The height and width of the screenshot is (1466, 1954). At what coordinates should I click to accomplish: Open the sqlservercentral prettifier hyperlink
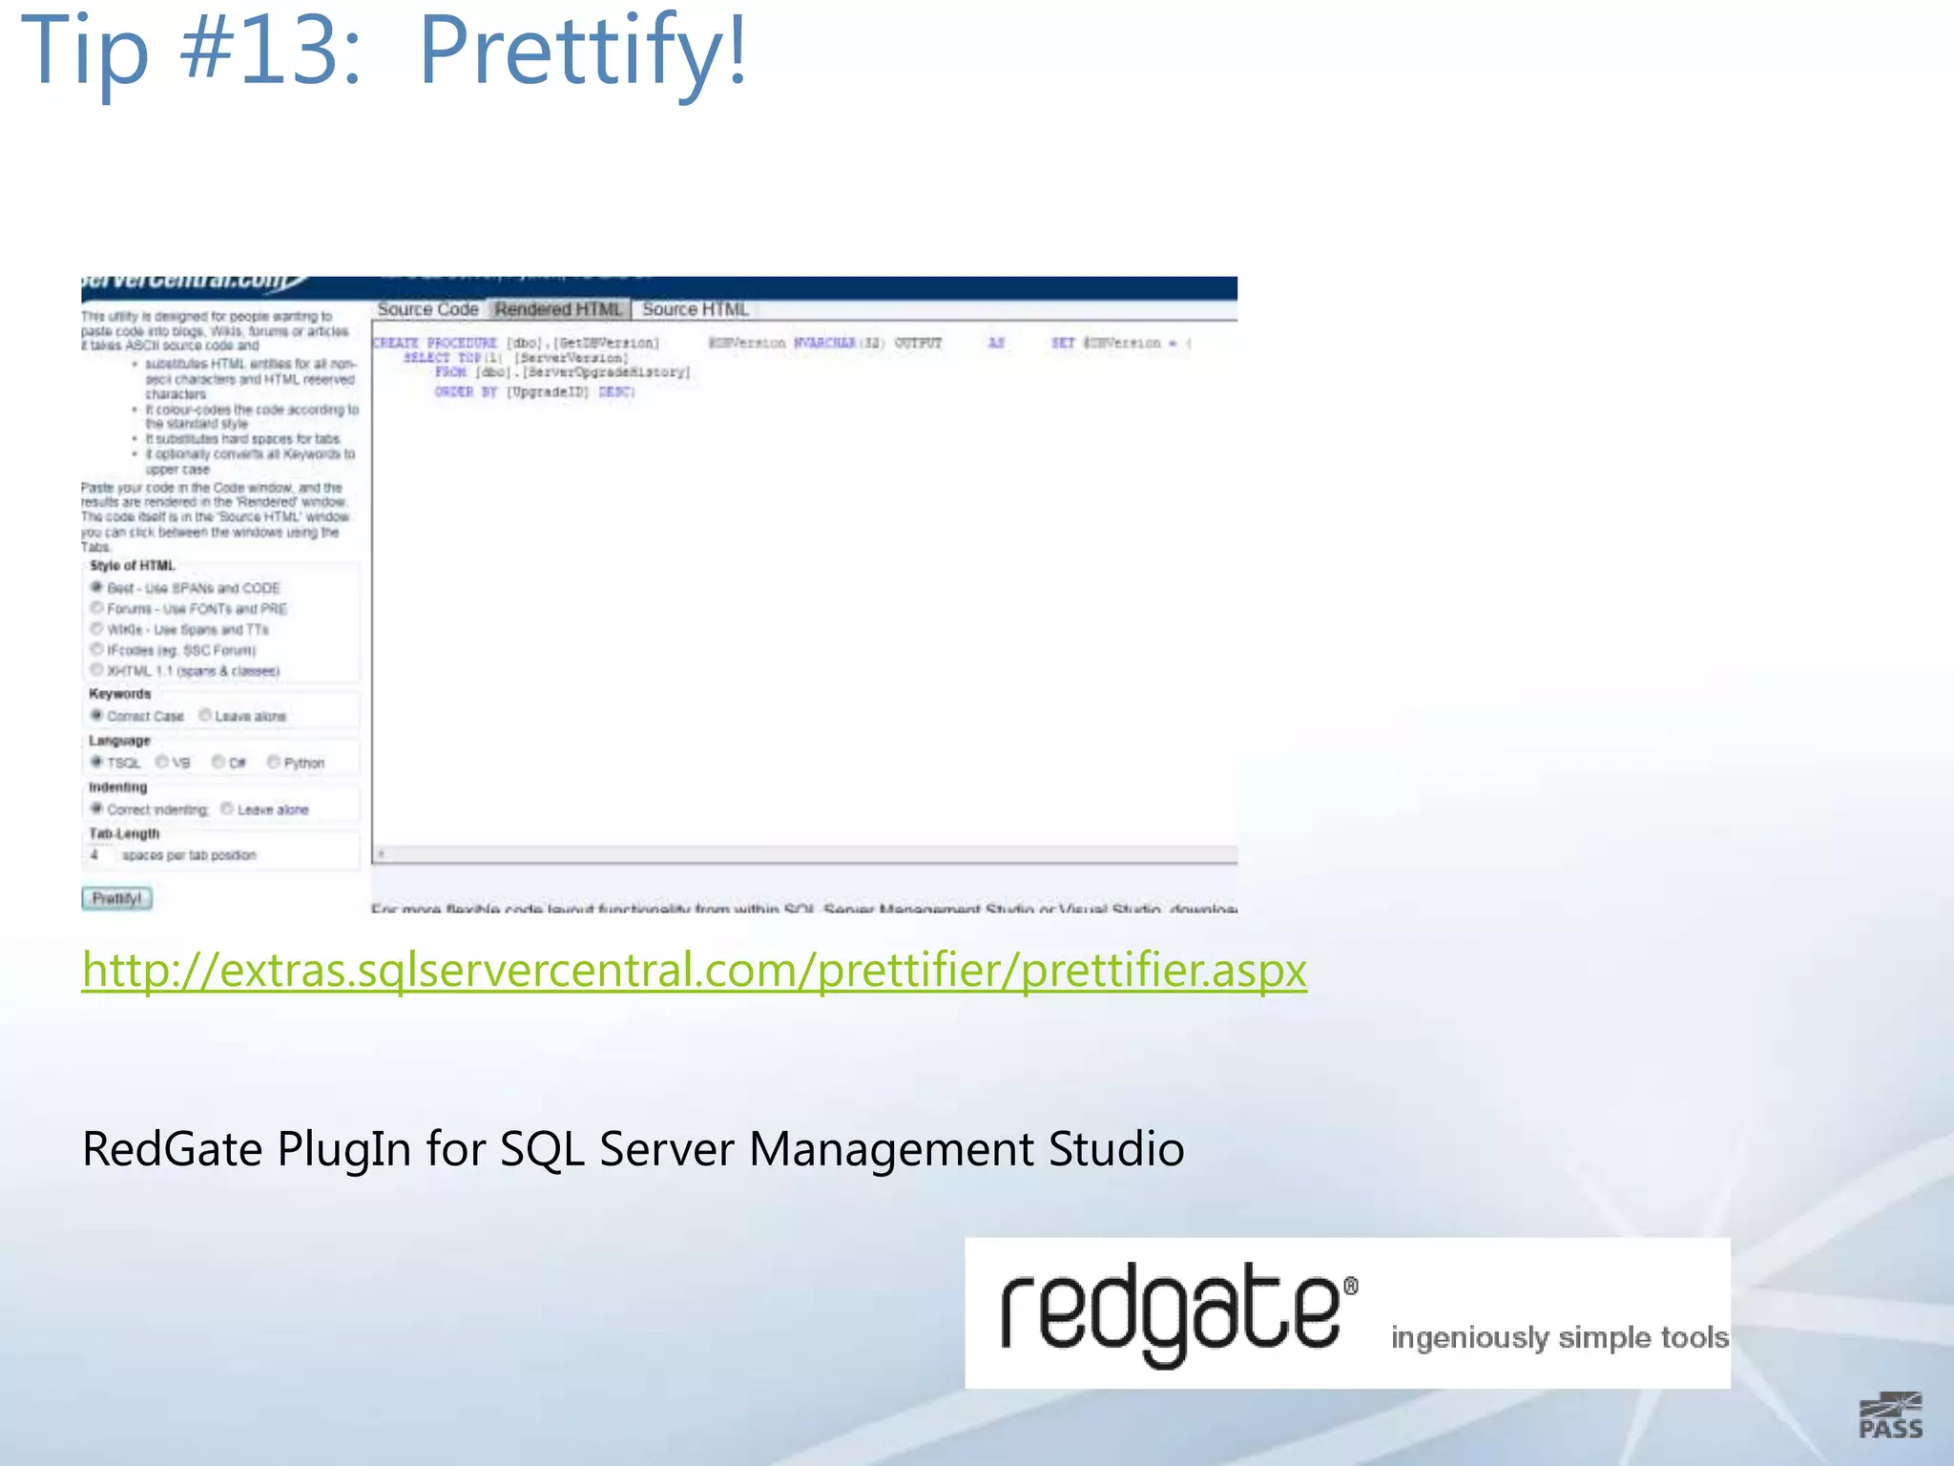[694, 970]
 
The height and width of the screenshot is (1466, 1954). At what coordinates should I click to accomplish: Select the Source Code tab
[427, 309]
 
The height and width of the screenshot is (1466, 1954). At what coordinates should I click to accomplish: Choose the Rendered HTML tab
[558, 309]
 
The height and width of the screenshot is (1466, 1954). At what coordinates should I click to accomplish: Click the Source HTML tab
[695, 309]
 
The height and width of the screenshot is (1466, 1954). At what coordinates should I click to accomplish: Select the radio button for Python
[274, 762]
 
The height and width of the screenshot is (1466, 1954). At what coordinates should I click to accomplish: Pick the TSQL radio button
[96, 762]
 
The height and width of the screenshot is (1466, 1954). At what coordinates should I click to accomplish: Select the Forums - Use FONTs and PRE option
[96, 608]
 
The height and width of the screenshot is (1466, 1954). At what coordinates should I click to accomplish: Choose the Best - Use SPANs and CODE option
[96, 587]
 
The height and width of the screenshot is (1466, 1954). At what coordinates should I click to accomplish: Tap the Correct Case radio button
[96, 715]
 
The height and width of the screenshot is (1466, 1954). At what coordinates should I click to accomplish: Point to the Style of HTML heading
[132, 565]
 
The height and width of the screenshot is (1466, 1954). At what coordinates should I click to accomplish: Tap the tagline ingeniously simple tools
[1559, 1337]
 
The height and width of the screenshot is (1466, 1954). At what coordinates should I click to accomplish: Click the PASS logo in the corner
[1890, 1416]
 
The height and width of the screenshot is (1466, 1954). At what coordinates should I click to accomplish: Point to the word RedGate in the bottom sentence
[172, 1148]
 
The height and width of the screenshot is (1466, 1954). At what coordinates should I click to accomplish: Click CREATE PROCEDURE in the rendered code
[435, 343]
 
